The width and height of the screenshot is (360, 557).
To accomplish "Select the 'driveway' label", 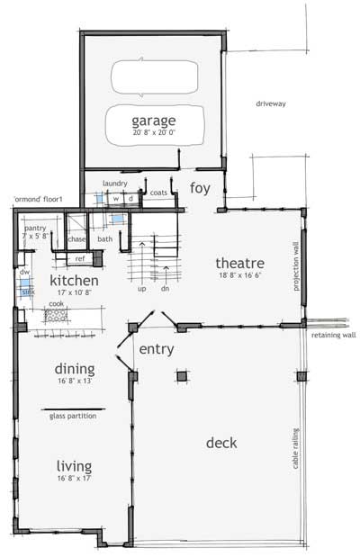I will pyautogui.click(x=270, y=103).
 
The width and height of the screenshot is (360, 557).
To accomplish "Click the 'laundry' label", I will pyautogui.click(x=114, y=183).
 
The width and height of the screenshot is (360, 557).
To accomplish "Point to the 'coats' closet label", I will pyautogui.click(x=159, y=192).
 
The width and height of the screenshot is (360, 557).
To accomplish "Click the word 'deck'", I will pyautogui.click(x=221, y=442).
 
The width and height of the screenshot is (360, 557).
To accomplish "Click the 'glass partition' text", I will pyautogui.click(x=73, y=416).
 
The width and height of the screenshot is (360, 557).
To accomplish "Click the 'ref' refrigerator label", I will pyautogui.click(x=79, y=258).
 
